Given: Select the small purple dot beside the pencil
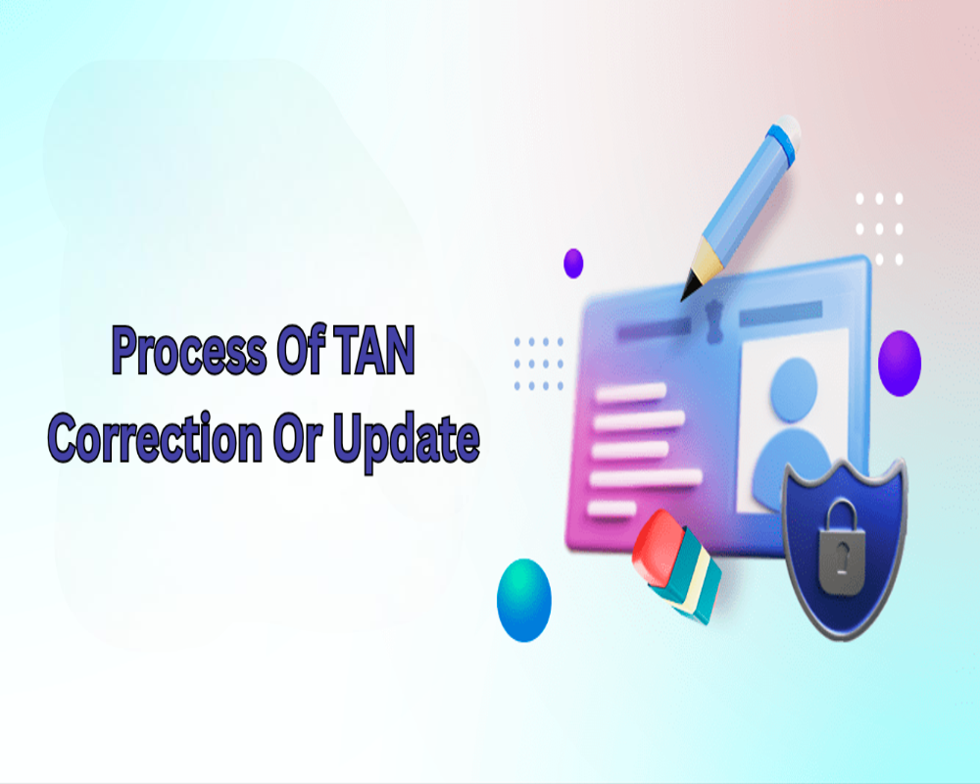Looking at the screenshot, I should [x=573, y=263].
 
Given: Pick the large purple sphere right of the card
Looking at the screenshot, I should [x=900, y=355].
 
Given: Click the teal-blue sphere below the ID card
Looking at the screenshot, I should [x=524, y=600].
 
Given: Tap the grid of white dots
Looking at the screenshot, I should [x=878, y=229].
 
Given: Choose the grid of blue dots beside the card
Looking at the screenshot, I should [x=539, y=363].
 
